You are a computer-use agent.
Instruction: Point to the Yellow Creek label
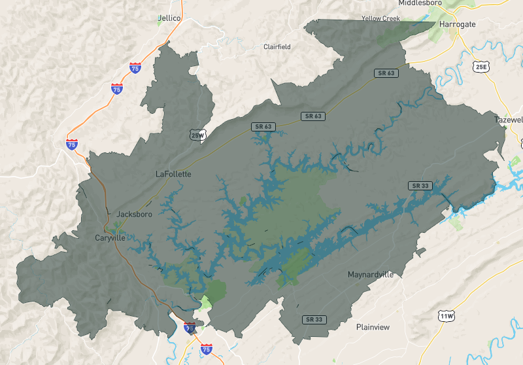click(x=380, y=18)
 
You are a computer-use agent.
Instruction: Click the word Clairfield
click(x=277, y=46)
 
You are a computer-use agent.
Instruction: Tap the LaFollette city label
click(x=173, y=174)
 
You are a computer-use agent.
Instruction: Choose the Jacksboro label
click(x=134, y=214)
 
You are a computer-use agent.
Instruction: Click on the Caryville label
click(x=110, y=237)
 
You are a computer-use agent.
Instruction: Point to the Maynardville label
click(x=371, y=274)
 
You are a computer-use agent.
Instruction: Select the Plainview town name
click(x=373, y=326)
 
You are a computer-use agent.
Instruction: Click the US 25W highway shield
click(x=197, y=135)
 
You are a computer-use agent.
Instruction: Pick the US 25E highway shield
click(x=481, y=67)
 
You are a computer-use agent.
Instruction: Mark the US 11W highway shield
click(x=447, y=317)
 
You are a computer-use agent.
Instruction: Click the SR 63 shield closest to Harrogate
click(x=385, y=73)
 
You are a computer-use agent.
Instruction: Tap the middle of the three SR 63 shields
click(x=313, y=116)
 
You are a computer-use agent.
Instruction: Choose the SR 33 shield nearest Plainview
click(x=314, y=319)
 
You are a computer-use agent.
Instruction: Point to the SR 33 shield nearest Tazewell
click(x=420, y=186)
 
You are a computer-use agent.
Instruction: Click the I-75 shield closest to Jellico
click(x=135, y=67)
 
